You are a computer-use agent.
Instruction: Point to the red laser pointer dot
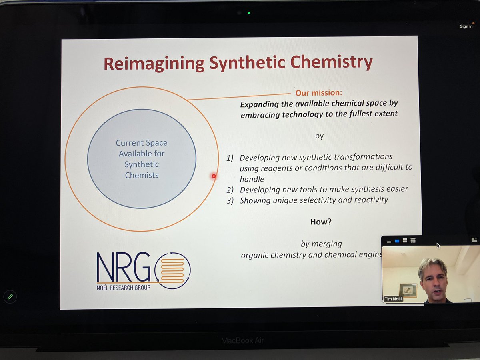(x=214, y=176)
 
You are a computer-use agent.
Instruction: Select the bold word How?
(x=321, y=221)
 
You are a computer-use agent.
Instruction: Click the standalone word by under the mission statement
(x=319, y=136)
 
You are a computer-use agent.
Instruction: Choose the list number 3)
(x=230, y=201)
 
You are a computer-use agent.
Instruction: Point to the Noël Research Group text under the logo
(x=124, y=287)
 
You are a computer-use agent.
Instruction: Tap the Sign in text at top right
(x=466, y=26)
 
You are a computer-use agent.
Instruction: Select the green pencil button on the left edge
(x=10, y=296)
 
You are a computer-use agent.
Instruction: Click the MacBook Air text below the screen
(x=243, y=341)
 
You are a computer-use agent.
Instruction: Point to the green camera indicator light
(x=248, y=13)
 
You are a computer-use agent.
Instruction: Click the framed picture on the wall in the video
(x=408, y=290)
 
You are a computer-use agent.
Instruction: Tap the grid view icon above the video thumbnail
(x=413, y=240)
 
